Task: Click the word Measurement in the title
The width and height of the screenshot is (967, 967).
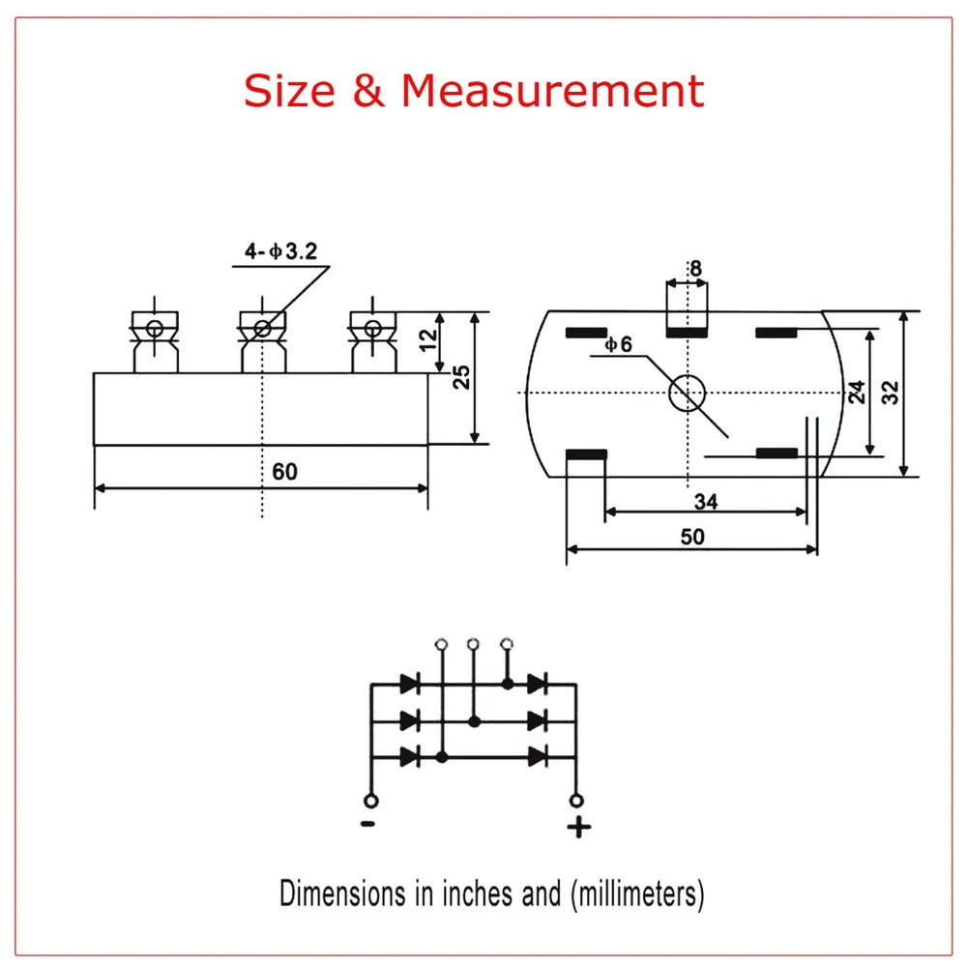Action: click(552, 91)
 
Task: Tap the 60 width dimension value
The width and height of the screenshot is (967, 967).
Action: click(284, 472)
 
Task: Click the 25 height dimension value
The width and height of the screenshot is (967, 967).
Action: click(462, 377)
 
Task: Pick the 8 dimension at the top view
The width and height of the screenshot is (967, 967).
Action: click(693, 268)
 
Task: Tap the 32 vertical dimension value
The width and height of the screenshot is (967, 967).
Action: click(890, 392)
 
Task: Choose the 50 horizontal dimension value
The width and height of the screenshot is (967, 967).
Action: click(692, 537)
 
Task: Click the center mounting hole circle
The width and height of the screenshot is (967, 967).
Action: click(688, 392)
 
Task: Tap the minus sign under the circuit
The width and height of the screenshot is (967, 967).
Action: click(368, 825)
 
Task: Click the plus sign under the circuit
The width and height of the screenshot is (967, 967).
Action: click(578, 828)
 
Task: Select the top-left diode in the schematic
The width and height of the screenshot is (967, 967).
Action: click(409, 684)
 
